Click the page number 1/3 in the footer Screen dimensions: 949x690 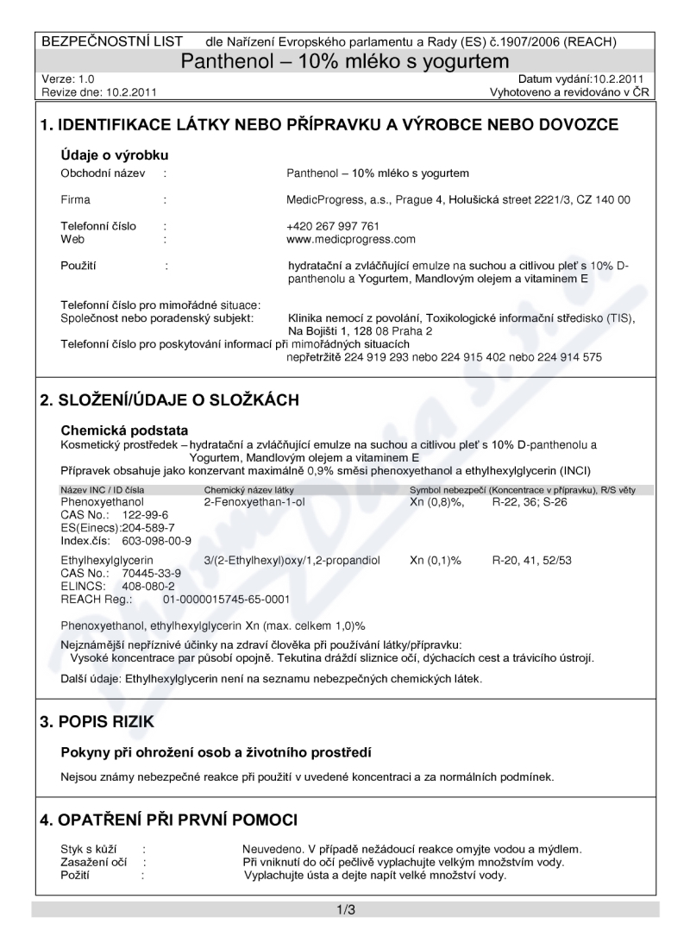(345, 909)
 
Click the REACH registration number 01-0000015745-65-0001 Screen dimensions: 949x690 (226, 599)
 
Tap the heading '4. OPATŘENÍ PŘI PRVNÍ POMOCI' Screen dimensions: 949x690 (168, 818)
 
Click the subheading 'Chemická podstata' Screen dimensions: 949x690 (124, 430)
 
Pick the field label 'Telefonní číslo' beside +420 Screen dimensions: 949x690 (98, 227)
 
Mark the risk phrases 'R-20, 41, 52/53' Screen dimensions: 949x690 (531, 561)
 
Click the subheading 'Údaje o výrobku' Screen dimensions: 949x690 (114, 155)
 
